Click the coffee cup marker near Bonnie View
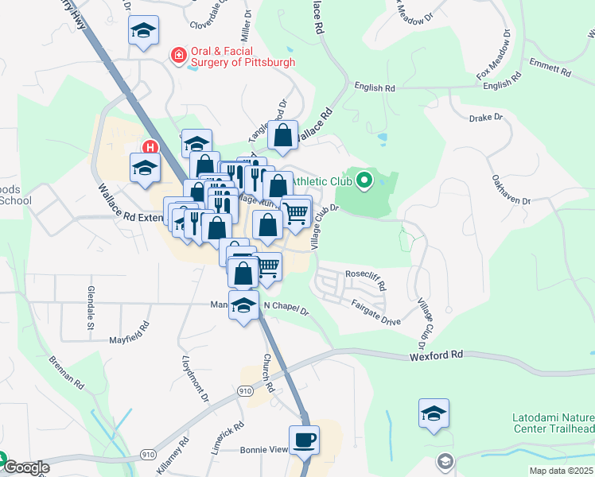[304, 440]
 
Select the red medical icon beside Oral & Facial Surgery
[180, 56]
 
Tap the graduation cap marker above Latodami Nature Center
[434, 413]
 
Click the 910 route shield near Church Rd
[244, 391]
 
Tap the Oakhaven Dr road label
[510, 188]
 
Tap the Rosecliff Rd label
[365, 280]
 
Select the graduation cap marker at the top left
[143, 31]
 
